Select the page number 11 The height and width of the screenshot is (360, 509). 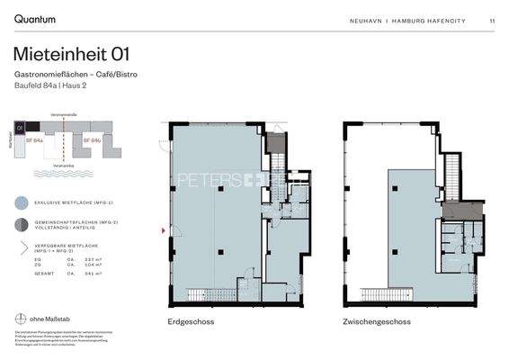pos(492,21)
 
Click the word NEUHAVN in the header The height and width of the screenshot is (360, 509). pos(367,21)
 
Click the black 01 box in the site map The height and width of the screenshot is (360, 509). pos(31,129)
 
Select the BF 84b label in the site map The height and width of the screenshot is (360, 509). pos(90,141)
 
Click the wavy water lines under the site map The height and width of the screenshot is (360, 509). pos(63,173)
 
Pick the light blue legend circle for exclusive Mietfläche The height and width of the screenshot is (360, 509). pos(21,203)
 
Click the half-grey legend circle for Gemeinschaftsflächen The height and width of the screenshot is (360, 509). pos(21,224)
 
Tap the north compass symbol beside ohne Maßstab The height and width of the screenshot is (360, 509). pos(21,319)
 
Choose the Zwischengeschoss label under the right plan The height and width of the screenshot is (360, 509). pos(376,321)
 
